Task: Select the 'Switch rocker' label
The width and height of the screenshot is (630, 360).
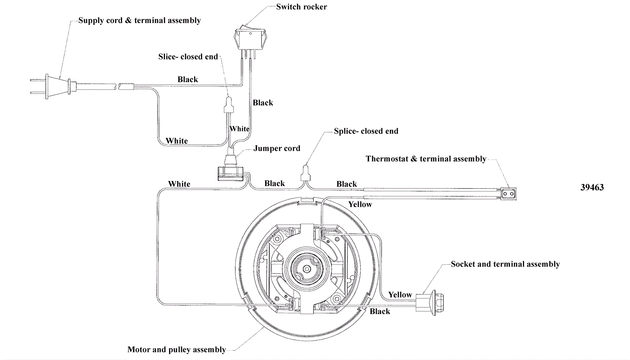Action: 301,7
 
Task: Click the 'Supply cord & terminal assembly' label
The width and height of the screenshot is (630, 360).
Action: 139,20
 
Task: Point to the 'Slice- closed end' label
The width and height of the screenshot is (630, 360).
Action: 188,57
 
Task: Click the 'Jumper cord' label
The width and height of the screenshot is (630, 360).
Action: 276,148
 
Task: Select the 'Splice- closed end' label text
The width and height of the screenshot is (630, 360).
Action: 366,131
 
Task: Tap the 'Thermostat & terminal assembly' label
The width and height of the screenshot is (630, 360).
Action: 426,159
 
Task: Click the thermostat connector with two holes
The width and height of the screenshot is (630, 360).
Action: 508,194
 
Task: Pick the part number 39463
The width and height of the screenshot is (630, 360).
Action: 592,187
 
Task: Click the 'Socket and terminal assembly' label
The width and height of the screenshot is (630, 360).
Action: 505,264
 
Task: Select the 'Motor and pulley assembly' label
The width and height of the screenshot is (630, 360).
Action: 176,349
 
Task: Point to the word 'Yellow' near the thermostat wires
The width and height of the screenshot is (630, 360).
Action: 360,204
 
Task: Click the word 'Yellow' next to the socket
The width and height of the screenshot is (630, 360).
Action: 400,295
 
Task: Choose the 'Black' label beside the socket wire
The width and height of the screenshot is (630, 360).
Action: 380,311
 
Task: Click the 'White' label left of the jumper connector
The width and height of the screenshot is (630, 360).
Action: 179,184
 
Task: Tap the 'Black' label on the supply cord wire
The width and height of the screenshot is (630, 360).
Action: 187,79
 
